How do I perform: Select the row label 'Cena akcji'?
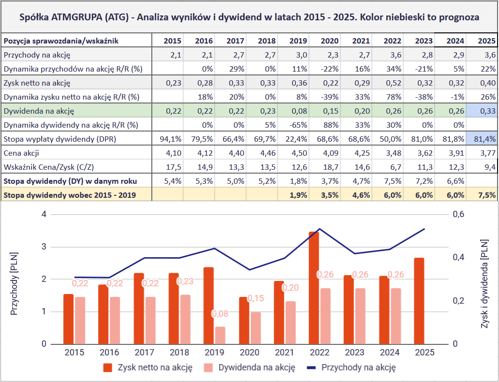22,153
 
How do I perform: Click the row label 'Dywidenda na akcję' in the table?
39,111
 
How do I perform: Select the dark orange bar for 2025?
419,300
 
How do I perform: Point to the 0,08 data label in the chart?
220,314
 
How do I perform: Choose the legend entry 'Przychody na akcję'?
358,367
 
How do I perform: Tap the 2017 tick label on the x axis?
145,353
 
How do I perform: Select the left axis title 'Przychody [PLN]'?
14,283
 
